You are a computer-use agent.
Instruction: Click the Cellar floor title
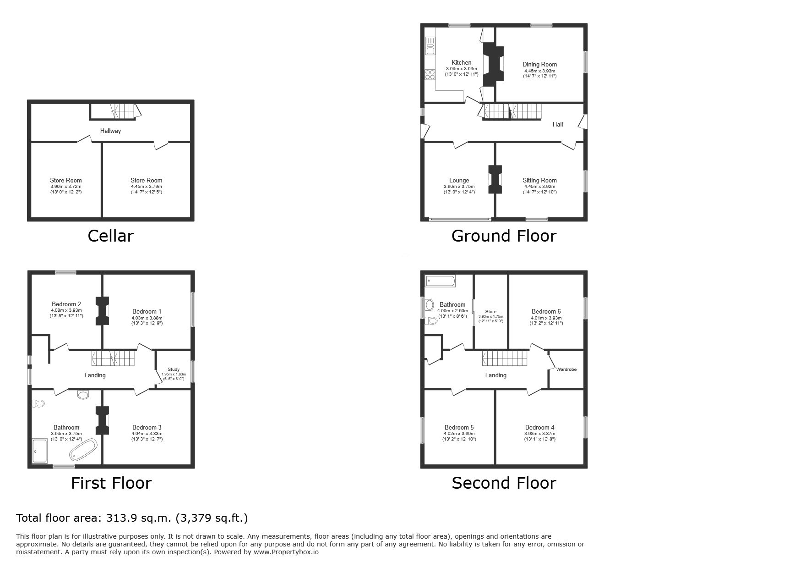(x=110, y=236)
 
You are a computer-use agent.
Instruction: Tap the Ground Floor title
(x=504, y=236)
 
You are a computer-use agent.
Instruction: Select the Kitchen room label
(x=461, y=63)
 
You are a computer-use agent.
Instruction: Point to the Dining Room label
(x=539, y=65)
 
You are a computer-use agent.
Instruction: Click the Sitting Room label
(x=539, y=181)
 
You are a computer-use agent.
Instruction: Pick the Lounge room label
(x=459, y=181)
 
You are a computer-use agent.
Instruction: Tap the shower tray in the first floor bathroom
(x=40, y=450)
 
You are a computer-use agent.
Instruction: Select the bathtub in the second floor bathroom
(x=440, y=281)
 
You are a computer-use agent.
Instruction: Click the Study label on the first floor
(x=174, y=369)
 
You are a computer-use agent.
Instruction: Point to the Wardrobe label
(x=566, y=369)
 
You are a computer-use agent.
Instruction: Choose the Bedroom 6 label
(x=546, y=312)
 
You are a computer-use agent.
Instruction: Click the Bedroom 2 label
(x=66, y=304)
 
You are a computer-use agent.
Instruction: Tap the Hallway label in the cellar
(x=110, y=131)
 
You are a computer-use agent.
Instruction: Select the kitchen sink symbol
(x=430, y=46)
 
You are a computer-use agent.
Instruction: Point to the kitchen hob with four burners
(x=430, y=75)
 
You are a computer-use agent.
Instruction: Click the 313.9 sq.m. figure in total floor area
(x=139, y=518)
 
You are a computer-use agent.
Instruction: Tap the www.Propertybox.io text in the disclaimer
(x=286, y=552)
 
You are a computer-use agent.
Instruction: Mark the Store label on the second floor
(x=490, y=312)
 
